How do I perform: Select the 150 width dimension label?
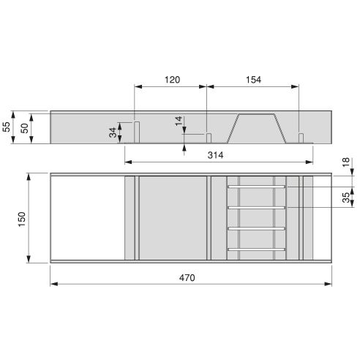[21, 217]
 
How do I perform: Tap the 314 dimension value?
[214, 155]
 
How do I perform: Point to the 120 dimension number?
[171, 78]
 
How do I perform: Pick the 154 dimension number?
[252, 78]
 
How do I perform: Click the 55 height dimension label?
[7, 127]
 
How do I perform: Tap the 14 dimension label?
[179, 121]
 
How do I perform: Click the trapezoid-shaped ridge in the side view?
[255, 127]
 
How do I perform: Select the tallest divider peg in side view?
[136, 132]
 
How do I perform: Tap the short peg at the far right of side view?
[301, 138]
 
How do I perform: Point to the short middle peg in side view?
[209, 138]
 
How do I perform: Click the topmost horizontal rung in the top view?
[256, 187]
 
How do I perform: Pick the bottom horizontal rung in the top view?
[256, 250]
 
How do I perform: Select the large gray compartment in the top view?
[173, 217]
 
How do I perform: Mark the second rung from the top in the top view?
[256, 208]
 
